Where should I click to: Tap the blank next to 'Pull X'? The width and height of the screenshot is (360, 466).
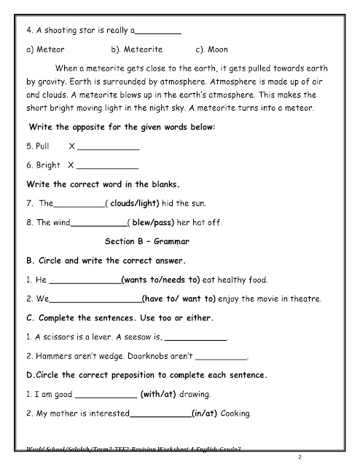click(x=107, y=147)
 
